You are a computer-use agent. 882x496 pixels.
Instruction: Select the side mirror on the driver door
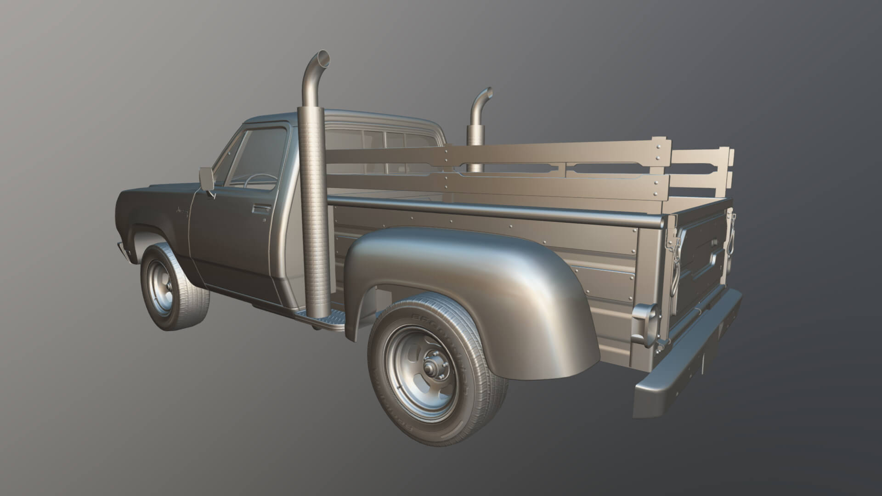205,179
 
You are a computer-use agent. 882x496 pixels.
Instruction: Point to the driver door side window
260,156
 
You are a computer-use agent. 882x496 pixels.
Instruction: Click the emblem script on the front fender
182,212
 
